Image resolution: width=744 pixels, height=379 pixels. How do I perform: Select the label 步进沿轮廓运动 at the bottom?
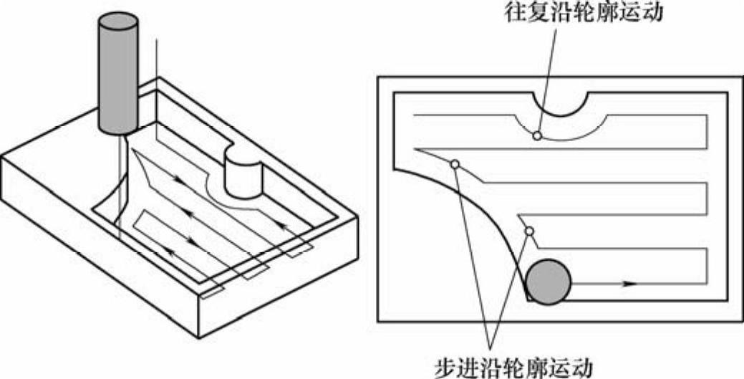[513, 367]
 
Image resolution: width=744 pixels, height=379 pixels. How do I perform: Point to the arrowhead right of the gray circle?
[629, 284]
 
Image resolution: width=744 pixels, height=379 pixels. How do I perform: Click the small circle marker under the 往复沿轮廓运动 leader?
[536, 135]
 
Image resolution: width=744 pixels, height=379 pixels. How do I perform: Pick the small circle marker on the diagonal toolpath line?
[454, 163]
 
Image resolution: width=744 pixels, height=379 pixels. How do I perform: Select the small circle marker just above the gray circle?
[530, 231]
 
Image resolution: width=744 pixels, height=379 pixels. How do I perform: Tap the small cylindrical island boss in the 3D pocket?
[243, 176]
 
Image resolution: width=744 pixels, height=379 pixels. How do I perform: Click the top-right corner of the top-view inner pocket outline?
[727, 92]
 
